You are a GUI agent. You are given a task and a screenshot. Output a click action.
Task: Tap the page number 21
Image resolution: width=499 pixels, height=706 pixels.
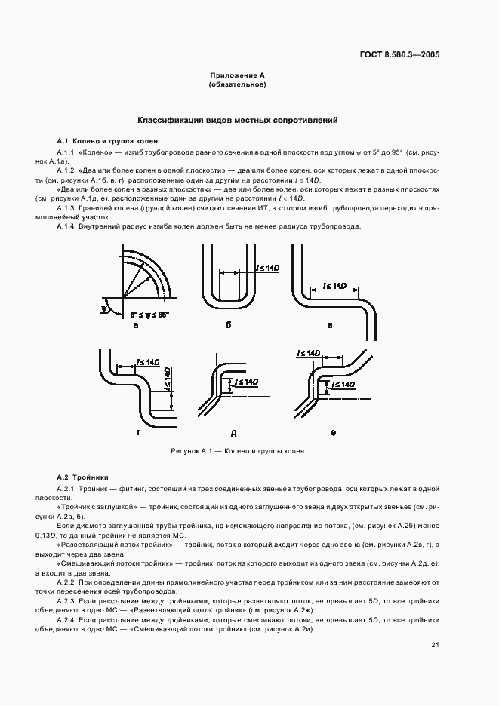(436, 644)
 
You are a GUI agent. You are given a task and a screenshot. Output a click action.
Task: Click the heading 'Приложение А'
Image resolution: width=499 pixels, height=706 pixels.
(236, 76)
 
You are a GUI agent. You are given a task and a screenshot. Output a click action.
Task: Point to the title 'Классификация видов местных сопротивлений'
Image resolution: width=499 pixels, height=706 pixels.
(236, 120)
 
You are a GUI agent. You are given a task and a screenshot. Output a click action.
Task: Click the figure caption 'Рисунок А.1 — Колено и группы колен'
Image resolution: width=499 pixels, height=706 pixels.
(236, 451)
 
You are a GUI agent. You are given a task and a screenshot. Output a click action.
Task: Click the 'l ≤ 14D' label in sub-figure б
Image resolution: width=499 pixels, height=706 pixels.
(268, 268)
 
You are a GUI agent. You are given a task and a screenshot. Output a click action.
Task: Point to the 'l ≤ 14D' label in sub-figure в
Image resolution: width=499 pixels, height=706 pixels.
(334, 286)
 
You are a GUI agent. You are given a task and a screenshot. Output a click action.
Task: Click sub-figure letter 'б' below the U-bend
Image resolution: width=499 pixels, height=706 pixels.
(228, 326)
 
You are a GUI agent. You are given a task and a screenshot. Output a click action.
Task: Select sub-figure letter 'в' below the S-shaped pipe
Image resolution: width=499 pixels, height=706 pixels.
(330, 326)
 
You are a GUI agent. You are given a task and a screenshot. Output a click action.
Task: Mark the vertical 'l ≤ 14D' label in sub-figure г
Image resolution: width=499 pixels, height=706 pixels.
(166, 376)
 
